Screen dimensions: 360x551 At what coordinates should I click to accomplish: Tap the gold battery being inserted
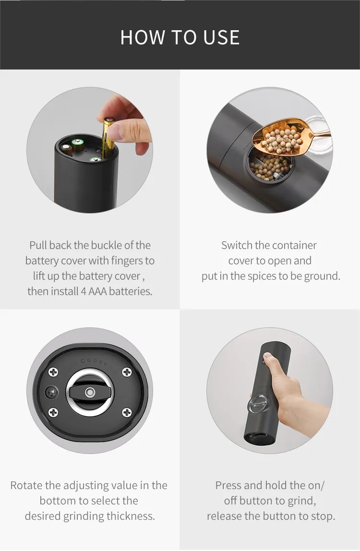tap(107, 138)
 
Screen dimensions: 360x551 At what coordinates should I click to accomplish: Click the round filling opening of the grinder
tap(270, 165)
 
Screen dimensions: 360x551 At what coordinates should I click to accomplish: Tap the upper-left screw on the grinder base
tap(53, 372)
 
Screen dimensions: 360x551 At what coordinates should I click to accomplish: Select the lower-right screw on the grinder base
tap(127, 412)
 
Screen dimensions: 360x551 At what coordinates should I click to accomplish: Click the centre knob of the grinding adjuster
tap(90, 392)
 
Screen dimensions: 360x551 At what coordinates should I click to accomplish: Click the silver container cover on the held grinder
tap(258, 403)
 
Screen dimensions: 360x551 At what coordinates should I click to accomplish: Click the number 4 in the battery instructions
tap(83, 291)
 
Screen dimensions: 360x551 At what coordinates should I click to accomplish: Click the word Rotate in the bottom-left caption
tap(26, 485)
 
